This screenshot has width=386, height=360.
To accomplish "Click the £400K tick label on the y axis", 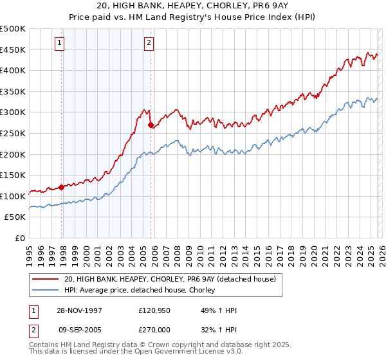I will [x=13, y=71].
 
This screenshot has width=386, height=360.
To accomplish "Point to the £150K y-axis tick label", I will [x=13, y=175].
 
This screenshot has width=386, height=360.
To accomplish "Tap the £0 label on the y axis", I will [x=20, y=238].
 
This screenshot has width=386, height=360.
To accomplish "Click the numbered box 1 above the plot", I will [x=59, y=43].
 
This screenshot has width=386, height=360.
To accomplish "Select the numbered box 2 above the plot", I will [x=149, y=43].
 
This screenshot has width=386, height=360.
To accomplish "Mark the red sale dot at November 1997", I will [x=62, y=187].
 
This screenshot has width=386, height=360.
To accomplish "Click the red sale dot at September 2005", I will [x=151, y=125].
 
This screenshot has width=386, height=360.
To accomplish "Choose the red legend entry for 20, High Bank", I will [x=170, y=279].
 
